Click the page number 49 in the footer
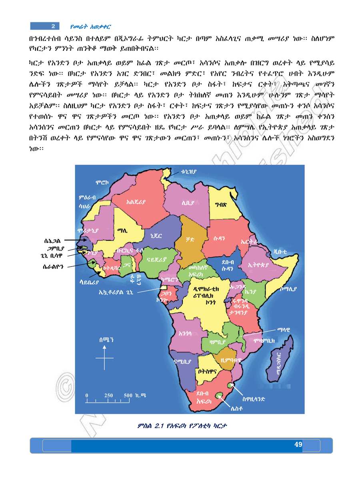(298, 444)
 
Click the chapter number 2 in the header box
(53, 26)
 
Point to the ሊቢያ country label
(188, 203)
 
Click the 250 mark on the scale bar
(108, 395)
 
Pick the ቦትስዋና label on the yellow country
(206, 371)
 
